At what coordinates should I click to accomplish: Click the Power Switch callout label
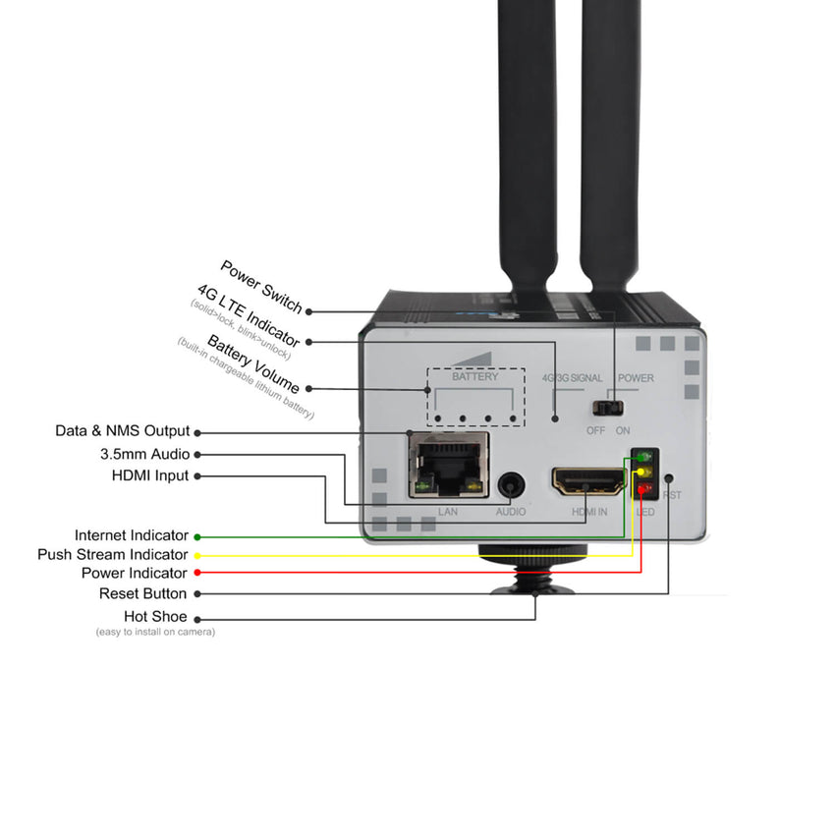[260, 286]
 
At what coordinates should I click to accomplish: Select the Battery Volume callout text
[252, 363]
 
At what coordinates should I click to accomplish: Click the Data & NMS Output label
[122, 431]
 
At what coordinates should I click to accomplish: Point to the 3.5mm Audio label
[144, 454]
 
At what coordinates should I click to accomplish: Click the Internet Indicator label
[132, 535]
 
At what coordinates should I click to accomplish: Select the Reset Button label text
[142, 593]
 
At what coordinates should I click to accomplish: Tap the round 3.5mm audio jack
[510, 484]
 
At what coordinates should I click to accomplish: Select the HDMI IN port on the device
[589, 480]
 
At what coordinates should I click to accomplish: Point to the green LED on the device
[643, 457]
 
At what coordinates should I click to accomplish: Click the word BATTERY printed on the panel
[474, 376]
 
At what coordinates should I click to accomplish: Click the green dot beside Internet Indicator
[197, 536]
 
